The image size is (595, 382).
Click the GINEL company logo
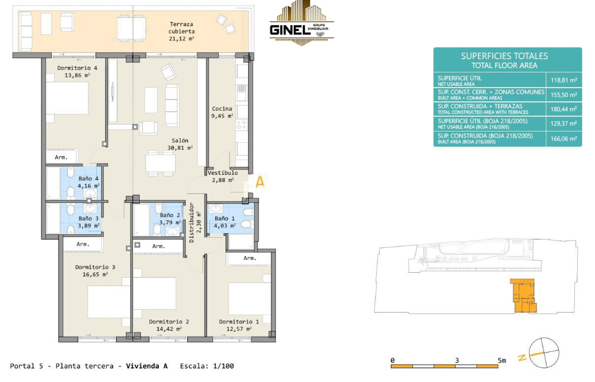[x=302, y=23]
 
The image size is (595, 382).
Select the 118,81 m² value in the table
[x=564, y=80]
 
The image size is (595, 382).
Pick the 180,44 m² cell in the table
[x=564, y=109]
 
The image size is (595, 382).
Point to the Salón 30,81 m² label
[x=180, y=144]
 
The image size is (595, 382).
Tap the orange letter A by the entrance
[x=260, y=182]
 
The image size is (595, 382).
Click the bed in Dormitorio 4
[x=67, y=98]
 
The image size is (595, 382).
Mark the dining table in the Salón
[x=160, y=163]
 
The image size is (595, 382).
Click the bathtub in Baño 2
[x=142, y=220]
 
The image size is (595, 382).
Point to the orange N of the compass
[x=522, y=358]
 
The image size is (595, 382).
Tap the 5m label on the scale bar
[x=502, y=360]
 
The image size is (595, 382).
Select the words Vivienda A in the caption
[x=147, y=366]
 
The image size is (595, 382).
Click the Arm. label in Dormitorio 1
[x=250, y=258]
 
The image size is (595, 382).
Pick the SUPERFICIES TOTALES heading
[x=504, y=56]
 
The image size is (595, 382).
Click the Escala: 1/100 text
[x=207, y=366]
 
